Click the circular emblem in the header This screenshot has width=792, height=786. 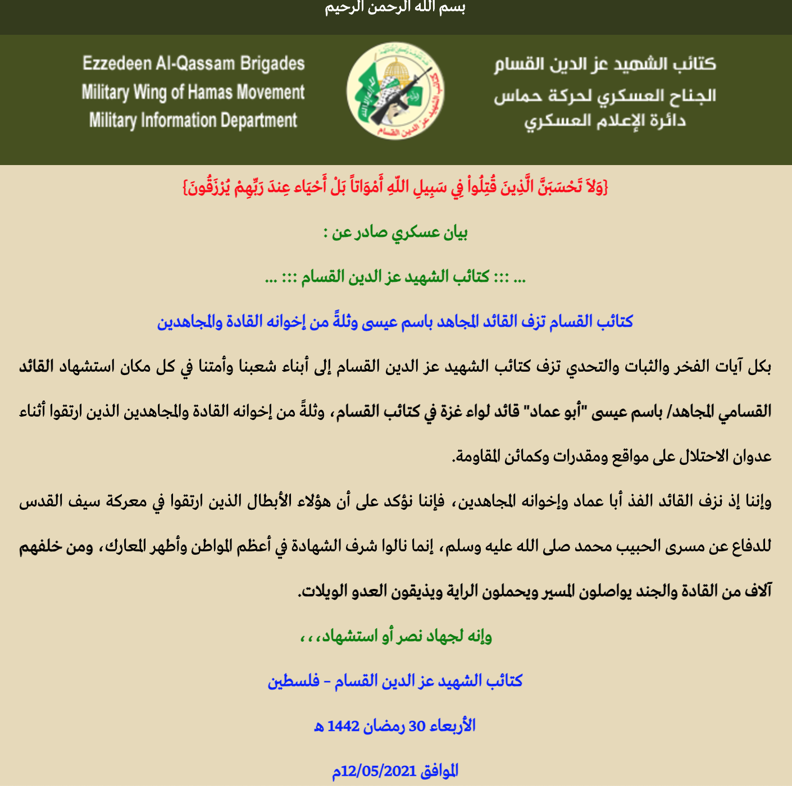tap(395, 92)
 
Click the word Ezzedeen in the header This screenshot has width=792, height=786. tap(117, 63)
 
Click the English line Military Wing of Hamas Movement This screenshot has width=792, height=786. tap(193, 92)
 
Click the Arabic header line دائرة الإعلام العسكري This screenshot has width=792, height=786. tap(605, 121)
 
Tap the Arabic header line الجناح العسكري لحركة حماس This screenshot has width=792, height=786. tap(605, 96)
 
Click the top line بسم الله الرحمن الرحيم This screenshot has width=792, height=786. tap(395, 8)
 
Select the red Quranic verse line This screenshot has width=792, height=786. tap(395, 187)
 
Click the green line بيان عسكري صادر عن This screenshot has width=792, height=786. tap(395, 232)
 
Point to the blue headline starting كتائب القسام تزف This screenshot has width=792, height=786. tap(395, 321)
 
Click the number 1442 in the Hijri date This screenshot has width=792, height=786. tap(343, 726)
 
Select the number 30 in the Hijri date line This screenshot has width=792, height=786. tap(417, 726)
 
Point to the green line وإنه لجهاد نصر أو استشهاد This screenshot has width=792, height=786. tap(395, 636)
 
